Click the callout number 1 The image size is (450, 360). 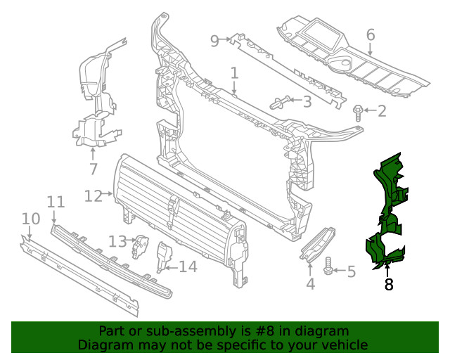click(234, 73)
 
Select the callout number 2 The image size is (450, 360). click(382, 111)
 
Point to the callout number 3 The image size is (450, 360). click(307, 102)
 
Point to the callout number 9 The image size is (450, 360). click(215, 40)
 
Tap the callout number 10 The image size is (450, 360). click(30, 219)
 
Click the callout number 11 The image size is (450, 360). click(56, 202)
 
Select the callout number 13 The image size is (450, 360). click(117, 241)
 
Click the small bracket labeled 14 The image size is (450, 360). click(162, 257)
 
